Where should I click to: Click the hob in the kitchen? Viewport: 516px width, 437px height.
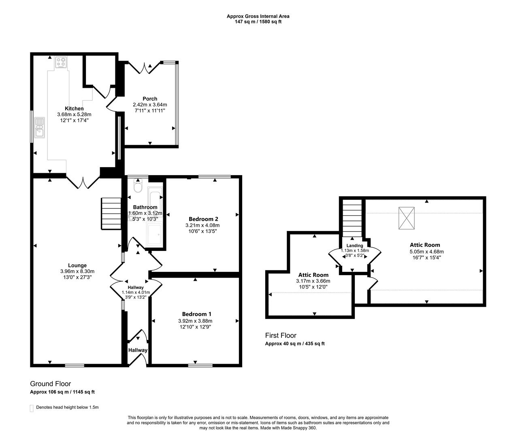click(x=61, y=62)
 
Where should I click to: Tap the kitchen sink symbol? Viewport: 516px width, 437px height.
click(x=39, y=127)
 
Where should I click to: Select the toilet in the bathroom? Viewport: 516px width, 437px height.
click(x=138, y=185)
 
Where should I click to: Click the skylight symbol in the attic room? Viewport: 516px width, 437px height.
click(x=406, y=218)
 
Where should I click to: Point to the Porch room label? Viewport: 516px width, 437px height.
click(x=150, y=99)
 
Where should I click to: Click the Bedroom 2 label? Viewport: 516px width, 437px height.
click(x=203, y=219)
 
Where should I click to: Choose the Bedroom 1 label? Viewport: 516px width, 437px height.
click(x=196, y=314)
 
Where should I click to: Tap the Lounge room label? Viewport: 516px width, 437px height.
click(x=77, y=265)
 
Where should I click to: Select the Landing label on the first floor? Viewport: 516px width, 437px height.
click(x=354, y=246)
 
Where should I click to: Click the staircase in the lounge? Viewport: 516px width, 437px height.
click(x=111, y=214)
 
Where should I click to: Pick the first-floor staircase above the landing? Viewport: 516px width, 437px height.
click(x=352, y=218)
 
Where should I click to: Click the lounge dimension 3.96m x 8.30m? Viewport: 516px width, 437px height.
click(x=77, y=271)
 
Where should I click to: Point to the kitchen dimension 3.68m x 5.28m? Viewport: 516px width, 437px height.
click(x=74, y=115)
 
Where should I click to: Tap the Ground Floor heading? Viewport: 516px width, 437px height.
click(x=51, y=384)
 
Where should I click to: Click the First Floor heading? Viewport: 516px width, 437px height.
click(x=281, y=335)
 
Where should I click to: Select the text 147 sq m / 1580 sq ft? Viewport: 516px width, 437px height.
click(x=258, y=22)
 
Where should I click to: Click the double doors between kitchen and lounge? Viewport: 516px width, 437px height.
click(x=83, y=182)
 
